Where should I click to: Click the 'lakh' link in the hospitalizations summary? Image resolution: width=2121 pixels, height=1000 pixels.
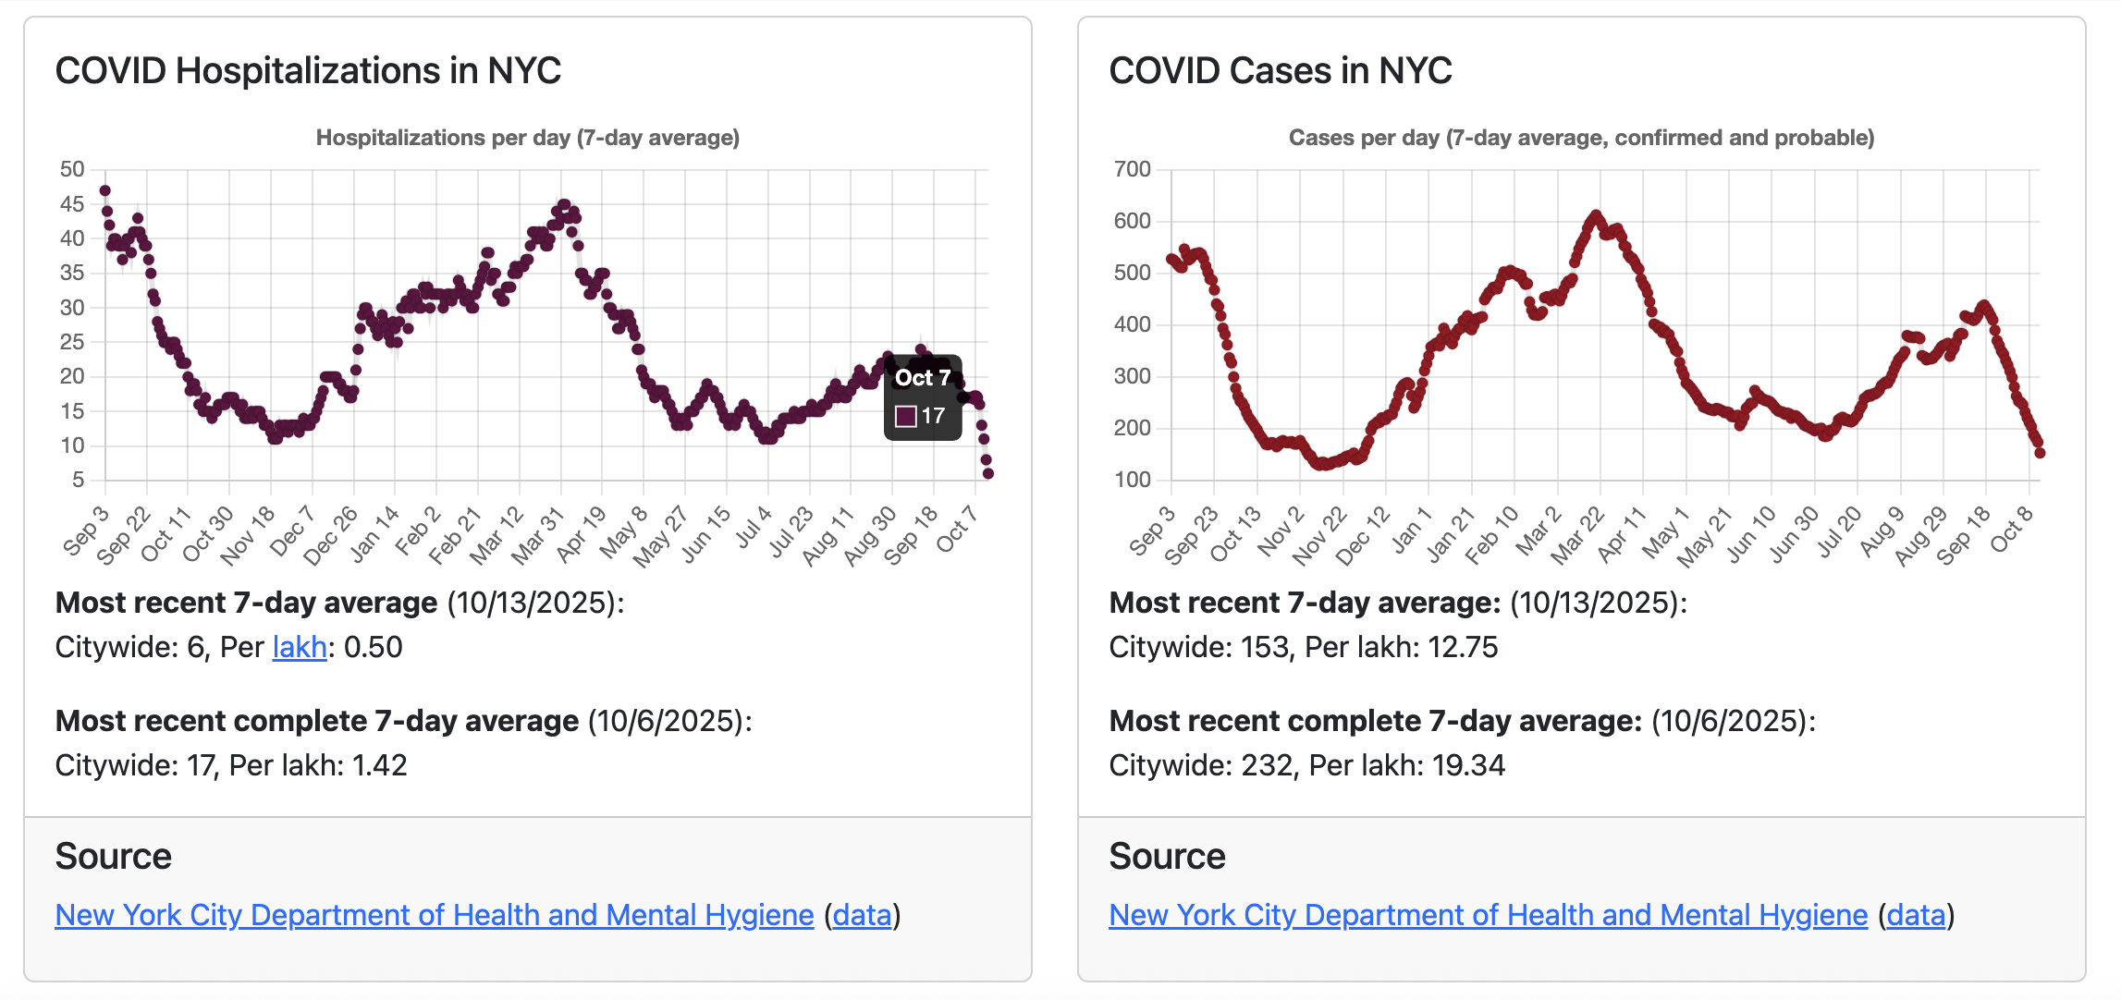coord(300,647)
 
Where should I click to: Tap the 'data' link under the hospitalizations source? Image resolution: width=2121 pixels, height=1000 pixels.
coord(862,915)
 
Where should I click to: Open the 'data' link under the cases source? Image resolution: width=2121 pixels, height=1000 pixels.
coord(1916,915)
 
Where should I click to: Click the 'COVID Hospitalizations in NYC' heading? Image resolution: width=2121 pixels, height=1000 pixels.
coord(308,71)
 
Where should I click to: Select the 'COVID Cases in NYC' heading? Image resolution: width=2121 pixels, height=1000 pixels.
coord(1280,71)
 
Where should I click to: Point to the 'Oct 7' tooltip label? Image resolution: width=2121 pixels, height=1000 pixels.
coord(922,378)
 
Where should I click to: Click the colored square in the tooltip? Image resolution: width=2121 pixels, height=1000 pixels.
coord(906,417)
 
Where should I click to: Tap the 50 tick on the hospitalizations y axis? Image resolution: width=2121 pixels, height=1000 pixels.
coord(72,169)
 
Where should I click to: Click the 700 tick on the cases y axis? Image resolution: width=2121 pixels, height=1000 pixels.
coord(1132,169)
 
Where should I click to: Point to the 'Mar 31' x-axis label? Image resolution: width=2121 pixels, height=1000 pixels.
coord(538,535)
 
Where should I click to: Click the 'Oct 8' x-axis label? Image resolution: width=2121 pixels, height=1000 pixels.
coord(2012,530)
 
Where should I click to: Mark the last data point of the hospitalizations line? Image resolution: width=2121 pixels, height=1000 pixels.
coord(988,473)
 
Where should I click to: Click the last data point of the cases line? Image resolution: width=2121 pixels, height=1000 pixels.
coord(2040,453)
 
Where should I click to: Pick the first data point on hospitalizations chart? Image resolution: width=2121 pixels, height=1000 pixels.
coord(105,191)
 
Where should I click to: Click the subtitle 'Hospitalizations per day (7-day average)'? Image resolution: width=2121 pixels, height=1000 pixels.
coord(527,138)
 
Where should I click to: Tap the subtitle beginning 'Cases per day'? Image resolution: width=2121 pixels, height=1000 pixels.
coord(1581,138)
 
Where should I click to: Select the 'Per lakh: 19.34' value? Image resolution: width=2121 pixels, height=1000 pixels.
coord(1407,765)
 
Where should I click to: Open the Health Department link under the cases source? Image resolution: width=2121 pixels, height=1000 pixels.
coord(1488,915)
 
